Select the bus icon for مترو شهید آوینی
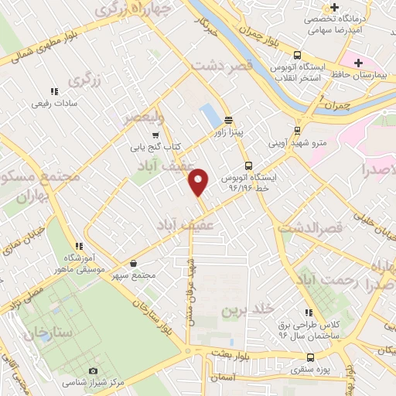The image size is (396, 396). click(298, 130)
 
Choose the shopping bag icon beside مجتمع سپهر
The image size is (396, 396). click(134, 264)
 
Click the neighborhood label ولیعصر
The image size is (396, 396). click(144, 119)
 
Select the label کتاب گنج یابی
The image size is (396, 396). click(155, 145)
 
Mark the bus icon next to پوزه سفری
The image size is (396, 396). click(310, 357)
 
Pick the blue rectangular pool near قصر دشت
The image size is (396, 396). click(210, 116)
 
